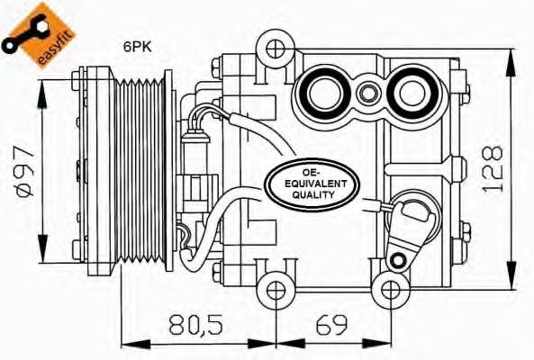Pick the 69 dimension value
[x=331, y=324]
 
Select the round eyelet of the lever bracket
[x=394, y=261]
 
